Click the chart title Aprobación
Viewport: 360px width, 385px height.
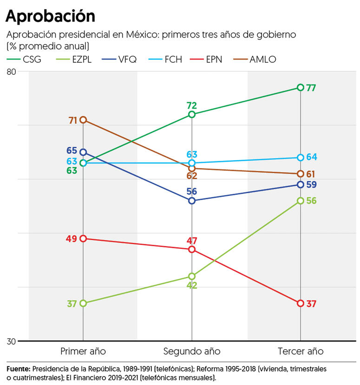(50, 16)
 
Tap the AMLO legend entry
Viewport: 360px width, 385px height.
(262, 59)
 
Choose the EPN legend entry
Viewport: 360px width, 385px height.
(214, 59)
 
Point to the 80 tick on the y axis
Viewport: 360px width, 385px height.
(11, 72)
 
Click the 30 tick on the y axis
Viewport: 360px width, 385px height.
(11, 341)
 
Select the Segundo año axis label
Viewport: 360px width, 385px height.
(192, 351)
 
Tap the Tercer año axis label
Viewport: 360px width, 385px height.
(301, 351)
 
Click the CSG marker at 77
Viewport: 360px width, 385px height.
(301, 87)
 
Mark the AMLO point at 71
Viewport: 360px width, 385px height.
(83, 120)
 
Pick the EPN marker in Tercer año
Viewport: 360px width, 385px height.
(301, 303)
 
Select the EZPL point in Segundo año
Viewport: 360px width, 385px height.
(192, 276)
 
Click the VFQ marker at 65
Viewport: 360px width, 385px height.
(83, 152)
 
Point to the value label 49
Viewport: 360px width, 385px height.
(72, 239)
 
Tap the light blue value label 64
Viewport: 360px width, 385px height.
(311, 157)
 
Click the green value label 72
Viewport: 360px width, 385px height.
(192, 105)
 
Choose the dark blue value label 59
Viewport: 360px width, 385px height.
(311, 184)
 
